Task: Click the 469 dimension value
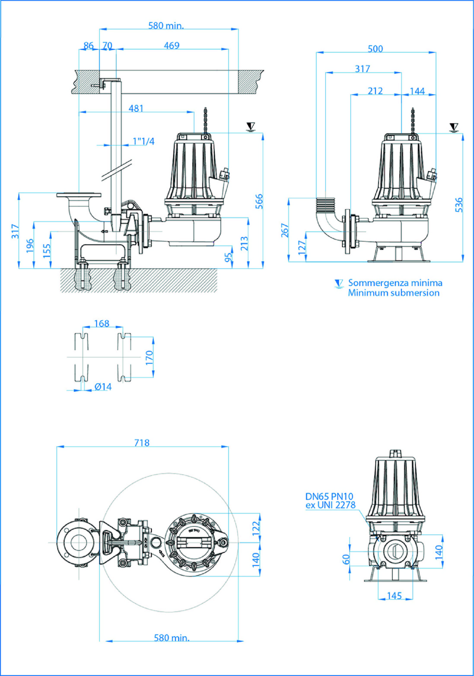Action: tap(172, 46)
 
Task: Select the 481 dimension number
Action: tap(136, 109)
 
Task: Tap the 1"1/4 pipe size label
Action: tap(143, 141)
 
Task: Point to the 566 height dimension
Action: tap(259, 201)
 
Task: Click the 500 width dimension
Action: tap(375, 49)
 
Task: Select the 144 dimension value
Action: tap(417, 91)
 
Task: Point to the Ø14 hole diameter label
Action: tap(103, 387)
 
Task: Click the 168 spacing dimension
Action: tap(102, 324)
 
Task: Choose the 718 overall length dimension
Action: tap(142, 443)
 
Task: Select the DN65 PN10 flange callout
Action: tap(329, 496)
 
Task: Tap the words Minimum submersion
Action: tap(394, 293)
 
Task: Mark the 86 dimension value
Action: tap(88, 46)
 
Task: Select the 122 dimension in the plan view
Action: tap(256, 528)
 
